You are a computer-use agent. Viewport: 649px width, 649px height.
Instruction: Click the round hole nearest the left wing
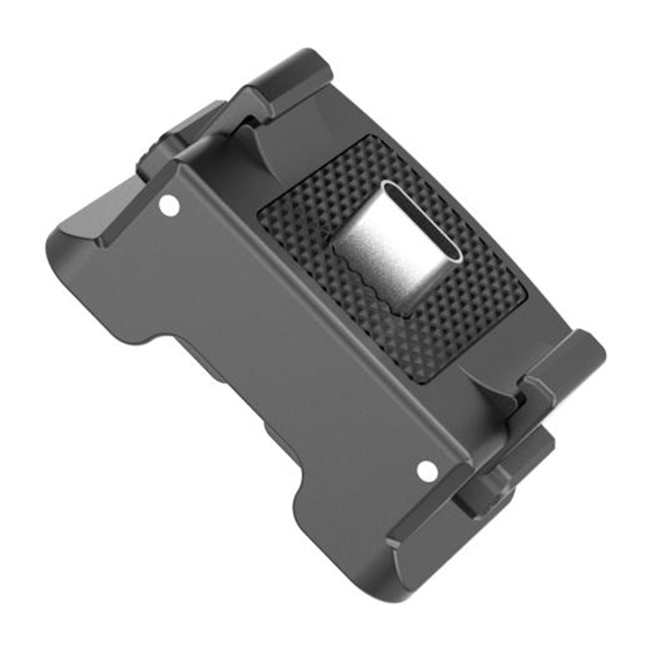[169, 205]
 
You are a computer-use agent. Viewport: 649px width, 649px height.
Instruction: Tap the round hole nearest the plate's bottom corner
[427, 470]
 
